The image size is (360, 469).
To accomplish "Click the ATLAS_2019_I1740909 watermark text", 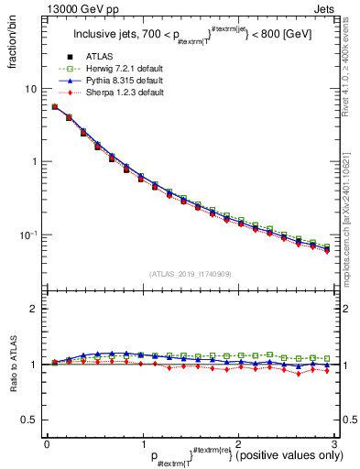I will [190, 274].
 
